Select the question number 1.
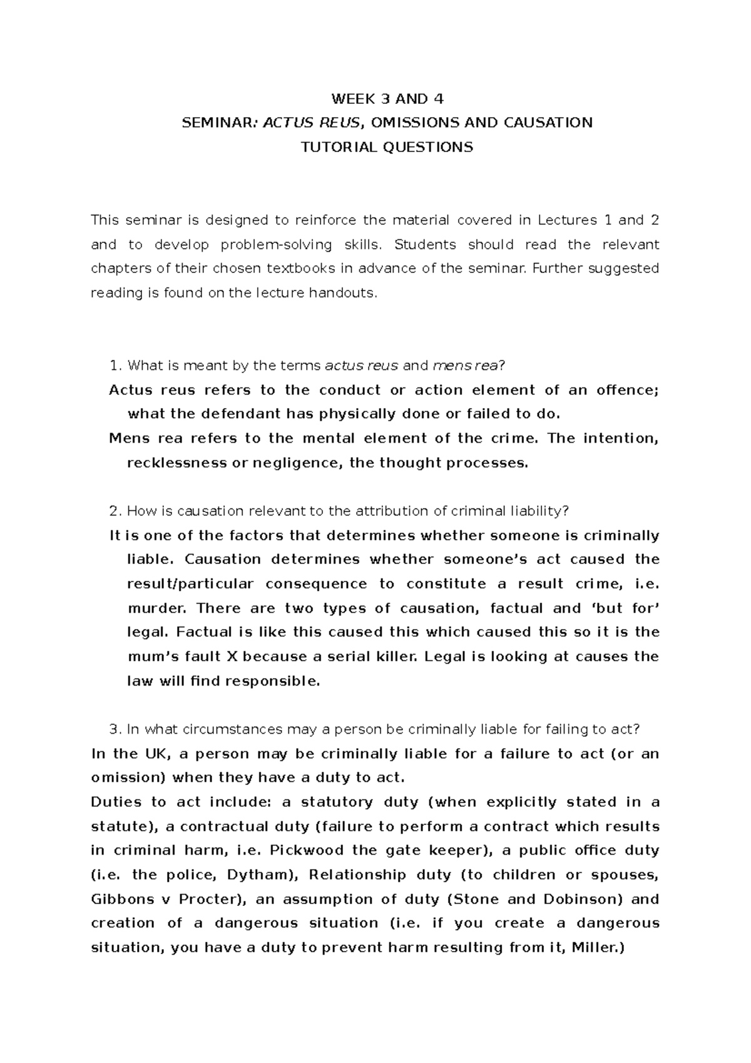pos(113,366)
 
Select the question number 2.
pos(113,511)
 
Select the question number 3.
pos(113,729)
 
